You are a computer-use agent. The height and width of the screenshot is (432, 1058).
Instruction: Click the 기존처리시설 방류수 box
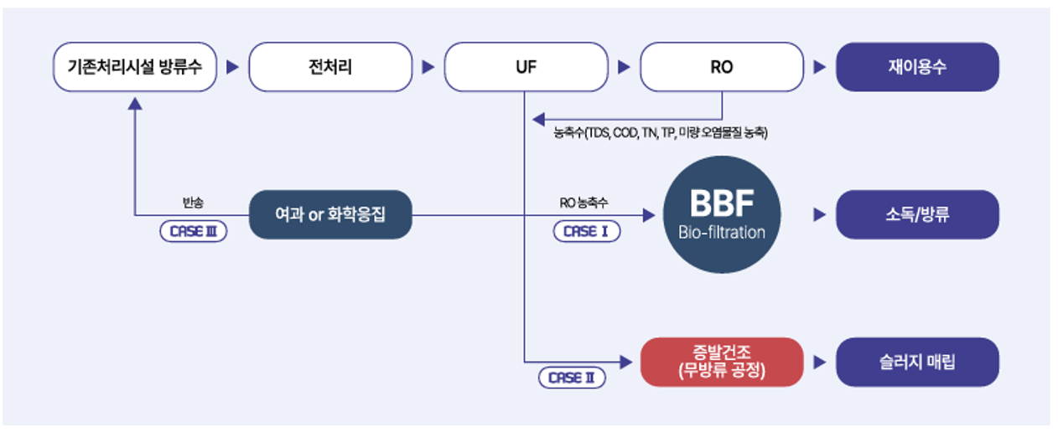[x=135, y=67]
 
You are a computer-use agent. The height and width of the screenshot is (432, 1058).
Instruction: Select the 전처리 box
[x=330, y=67]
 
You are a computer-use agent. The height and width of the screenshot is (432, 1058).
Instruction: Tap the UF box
[x=526, y=67]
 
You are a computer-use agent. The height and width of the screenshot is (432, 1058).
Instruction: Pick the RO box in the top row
[x=722, y=67]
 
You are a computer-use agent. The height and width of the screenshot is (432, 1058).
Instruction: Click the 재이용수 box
[x=917, y=67]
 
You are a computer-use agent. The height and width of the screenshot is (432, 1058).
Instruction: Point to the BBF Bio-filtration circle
[x=722, y=214]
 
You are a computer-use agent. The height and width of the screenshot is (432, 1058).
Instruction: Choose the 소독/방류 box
[x=917, y=214]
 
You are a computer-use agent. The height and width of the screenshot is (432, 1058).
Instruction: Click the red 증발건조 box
[x=722, y=362]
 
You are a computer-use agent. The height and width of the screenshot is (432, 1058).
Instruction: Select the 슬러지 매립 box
[x=917, y=362]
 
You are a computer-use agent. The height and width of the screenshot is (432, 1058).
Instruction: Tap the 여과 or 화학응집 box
[x=330, y=214]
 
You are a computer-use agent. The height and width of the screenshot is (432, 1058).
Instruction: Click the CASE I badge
[x=587, y=231]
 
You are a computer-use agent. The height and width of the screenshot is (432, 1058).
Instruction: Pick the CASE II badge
[x=572, y=378]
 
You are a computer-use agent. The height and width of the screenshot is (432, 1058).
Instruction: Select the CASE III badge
[x=193, y=231]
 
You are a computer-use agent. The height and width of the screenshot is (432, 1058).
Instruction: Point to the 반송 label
[x=193, y=203]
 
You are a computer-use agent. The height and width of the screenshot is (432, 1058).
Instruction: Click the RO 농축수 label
[x=583, y=203]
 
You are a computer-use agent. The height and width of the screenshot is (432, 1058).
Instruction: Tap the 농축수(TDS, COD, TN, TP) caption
[x=661, y=132]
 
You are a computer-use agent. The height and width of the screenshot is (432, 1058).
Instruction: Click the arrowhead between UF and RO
[x=624, y=67]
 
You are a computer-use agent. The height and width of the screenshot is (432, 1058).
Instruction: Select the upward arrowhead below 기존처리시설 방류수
[x=135, y=103]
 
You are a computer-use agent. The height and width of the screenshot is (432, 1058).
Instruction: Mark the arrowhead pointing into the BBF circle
[x=649, y=215]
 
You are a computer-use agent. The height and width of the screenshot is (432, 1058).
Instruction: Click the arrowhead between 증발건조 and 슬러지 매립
[x=819, y=363]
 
